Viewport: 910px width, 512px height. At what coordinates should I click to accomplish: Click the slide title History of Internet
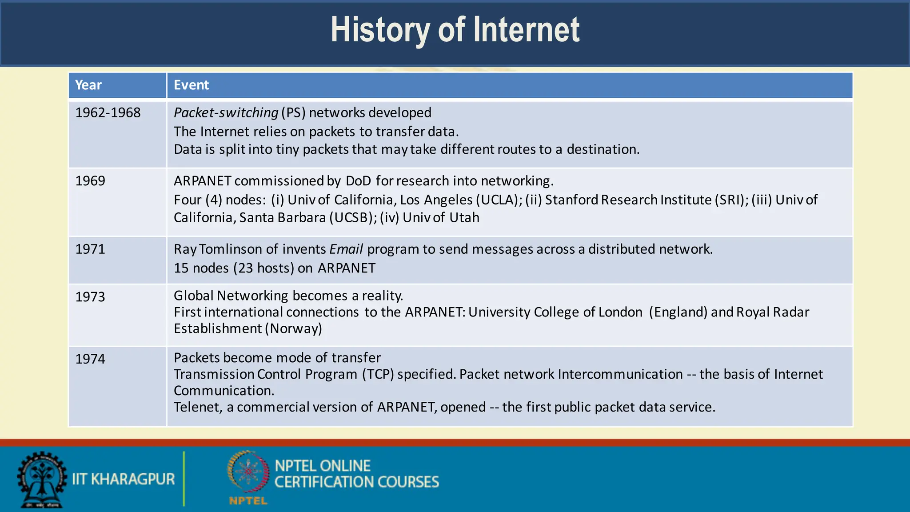pyautogui.click(x=455, y=30)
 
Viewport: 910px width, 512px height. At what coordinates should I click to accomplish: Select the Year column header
pyautogui.click(x=88, y=85)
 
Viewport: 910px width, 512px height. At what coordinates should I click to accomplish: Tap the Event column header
pyautogui.click(x=191, y=85)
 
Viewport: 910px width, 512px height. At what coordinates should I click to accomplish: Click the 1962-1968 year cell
pyautogui.click(x=108, y=112)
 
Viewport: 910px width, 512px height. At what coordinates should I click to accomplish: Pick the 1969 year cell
pyautogui.click(x=90, y=181)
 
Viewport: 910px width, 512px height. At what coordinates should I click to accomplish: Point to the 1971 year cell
pyautogui.click(x=90, y=249)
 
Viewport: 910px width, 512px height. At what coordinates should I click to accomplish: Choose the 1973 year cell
pyautogui.click(x=90, y=296)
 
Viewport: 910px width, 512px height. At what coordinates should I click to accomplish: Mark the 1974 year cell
pyautogui.click(x=90, y=359)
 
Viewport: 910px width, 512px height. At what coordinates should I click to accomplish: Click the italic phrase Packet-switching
pyautogui.click(x=226, y=113)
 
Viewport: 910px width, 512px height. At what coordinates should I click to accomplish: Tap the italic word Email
pyautogui.click(x=346, y=249)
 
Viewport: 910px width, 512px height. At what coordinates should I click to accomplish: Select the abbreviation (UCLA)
pyautogui.click(x=499, y=200)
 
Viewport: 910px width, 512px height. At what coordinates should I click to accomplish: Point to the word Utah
pyautogui.click(x=464, y=218)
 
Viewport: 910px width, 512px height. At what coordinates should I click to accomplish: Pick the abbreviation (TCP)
pyautogui.click(x=378, y=374)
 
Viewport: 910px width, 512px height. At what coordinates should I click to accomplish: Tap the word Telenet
pyautogui.click(x=197, y=407)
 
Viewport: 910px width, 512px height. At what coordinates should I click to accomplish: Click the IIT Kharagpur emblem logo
pyautogui.click(x=42, y=480)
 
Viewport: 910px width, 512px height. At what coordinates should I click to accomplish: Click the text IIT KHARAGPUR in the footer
pyautogui.click(x=124, y=479)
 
